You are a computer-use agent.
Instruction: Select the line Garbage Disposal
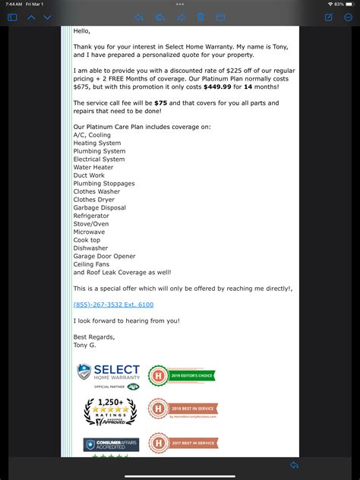click(99, 207)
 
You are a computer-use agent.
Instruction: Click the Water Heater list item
click(94, 167)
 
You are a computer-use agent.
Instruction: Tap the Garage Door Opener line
click(105, 256)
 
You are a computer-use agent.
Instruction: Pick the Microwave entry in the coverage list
click(89, 232)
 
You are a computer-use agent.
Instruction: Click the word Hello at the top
click(82, 30)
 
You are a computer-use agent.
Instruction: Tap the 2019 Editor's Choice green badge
click(182, 374)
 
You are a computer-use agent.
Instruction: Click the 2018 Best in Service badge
click(182, 409)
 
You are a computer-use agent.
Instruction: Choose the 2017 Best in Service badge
click(182, 443)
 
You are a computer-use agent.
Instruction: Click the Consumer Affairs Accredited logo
click(111, 444)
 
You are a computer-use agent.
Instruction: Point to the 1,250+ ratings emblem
click(110, 411)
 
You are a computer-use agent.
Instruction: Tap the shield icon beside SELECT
click(84, 371)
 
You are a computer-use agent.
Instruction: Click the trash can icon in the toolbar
click(201, 17)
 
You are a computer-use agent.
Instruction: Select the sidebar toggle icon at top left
click(11, 17)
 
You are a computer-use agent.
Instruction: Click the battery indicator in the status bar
click(351, 5)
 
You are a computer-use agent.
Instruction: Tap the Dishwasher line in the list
click(90, 248)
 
